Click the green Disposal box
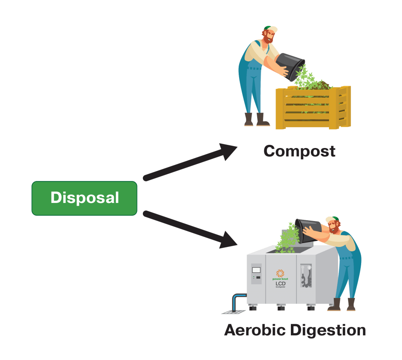(x=84, y=198)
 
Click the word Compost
(x=300, y=151)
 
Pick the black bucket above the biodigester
(x=308, y=229)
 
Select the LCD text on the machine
(x=280, y=283)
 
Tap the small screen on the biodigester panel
(x=256, y=270)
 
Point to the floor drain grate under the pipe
(x=233, y=312)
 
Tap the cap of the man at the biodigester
(x=332, y=219)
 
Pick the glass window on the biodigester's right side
(x=306, y=275)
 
